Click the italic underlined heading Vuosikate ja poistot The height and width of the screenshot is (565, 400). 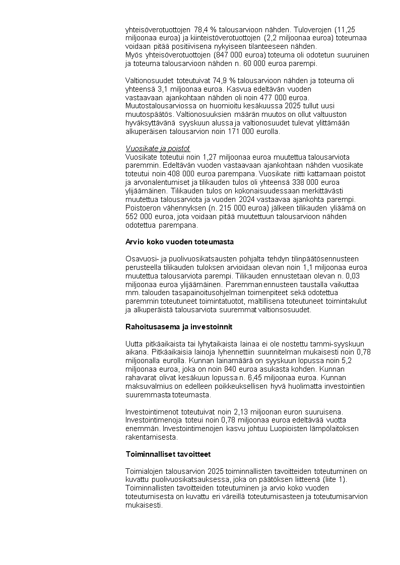pyautogui.click(x=157, y=148)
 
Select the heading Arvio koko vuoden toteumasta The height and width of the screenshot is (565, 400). pyautogui.click(x=179, y=242)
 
